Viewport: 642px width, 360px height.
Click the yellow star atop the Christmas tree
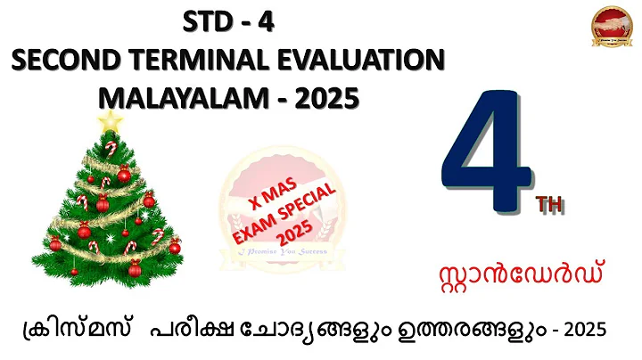click(x=110, y=120)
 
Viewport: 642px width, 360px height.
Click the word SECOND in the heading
click(x=56, y=61)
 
